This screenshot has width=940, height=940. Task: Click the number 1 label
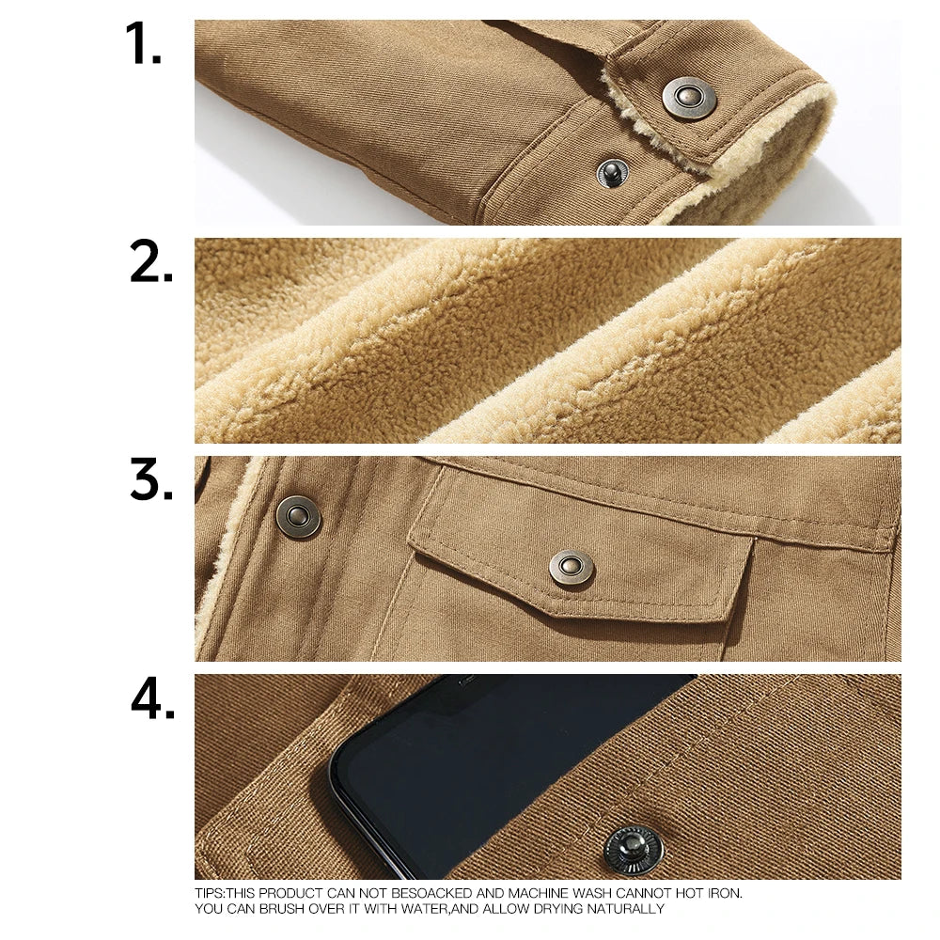(144, 44)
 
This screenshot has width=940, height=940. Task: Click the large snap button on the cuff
(689, 98)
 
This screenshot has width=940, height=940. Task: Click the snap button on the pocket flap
(572, 567)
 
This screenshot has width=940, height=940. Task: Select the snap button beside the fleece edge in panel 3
(298, 516)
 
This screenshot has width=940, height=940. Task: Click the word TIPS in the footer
(211, 893)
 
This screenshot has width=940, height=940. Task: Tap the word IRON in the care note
(723, 893)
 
